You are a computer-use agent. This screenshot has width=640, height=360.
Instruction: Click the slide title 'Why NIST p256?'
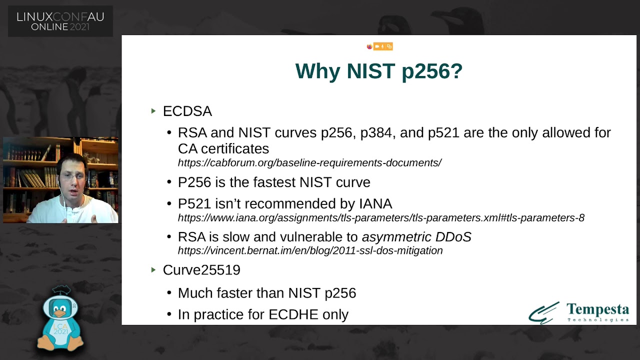click(378, 71)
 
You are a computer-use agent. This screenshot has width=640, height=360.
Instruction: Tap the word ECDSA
click(187, 111)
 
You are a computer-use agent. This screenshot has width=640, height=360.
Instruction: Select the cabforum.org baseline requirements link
click(309, 162)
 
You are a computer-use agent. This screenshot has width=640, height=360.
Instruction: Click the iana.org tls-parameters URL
click(381, 217)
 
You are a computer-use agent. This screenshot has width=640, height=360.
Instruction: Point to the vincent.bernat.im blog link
click(310, 250)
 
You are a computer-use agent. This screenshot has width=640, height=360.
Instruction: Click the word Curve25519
click(201, 270)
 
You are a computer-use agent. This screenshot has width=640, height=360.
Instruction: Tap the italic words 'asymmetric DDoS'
click(416, 237)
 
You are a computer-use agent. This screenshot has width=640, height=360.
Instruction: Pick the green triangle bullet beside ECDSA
click(153, 111)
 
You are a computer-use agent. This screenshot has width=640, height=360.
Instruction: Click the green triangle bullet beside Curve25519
click(153, 269)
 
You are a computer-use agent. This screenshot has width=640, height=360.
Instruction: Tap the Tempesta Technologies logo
click(578, 312)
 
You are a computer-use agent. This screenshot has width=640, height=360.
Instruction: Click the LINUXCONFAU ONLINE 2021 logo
click(60, 21)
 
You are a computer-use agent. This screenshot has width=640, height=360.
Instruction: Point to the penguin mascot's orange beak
click(59, 313)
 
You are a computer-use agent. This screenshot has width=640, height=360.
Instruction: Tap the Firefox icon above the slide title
click(369, 46)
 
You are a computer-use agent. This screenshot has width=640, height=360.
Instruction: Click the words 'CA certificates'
click(223, 148)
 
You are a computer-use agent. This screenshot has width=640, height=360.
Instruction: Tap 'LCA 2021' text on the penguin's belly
click(60, 329)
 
